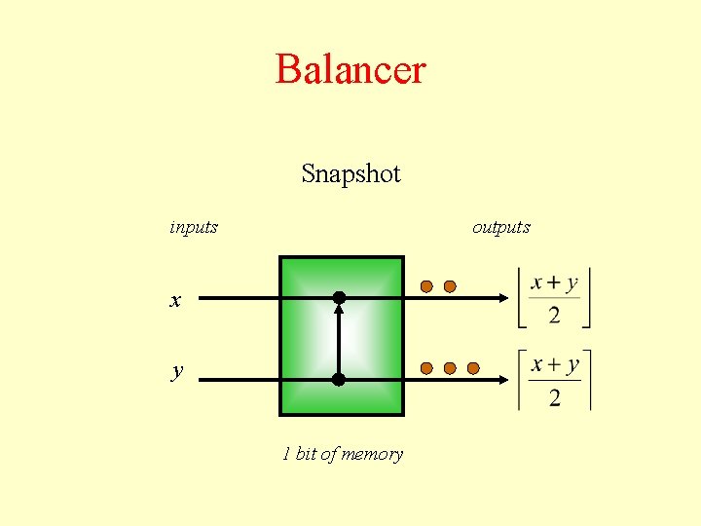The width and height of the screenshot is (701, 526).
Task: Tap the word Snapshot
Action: (350, 174)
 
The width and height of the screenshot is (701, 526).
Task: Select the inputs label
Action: (194, 227)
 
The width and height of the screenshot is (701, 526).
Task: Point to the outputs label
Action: (500, 227)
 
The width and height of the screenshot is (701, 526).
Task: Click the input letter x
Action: (175, 301)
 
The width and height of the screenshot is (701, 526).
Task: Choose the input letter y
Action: (176, 371)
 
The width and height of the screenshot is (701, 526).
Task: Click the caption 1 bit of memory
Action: (342, 454)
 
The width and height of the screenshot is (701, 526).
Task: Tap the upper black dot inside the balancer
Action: (339, 296)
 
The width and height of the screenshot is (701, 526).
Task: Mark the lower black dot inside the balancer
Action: (339, 380)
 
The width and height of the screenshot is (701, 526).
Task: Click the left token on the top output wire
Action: (426, 286)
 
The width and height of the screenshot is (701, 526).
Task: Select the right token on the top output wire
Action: (450, 286)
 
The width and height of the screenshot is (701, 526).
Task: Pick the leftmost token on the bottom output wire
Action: (426, 368)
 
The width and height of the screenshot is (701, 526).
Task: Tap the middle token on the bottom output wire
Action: (450, 368)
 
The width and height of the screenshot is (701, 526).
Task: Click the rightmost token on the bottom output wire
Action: (473, 368)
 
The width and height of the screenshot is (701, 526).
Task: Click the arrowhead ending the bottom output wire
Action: (505, 380)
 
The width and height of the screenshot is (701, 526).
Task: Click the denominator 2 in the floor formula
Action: (554, 315)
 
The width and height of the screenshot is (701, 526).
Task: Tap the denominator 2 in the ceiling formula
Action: (554, 397)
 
